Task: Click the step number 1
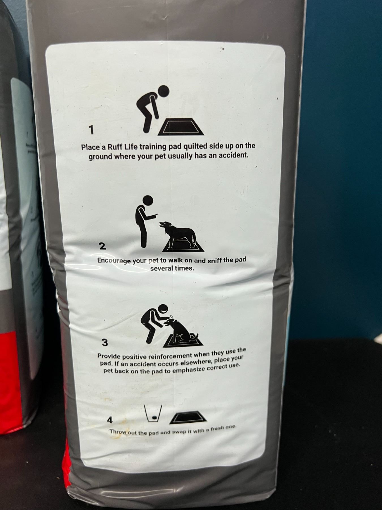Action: (91, 130)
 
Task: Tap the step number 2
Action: (103, 246)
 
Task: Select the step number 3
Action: (105, 343)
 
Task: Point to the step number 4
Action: (110, 420)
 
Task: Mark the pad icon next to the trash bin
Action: (188, 418)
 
